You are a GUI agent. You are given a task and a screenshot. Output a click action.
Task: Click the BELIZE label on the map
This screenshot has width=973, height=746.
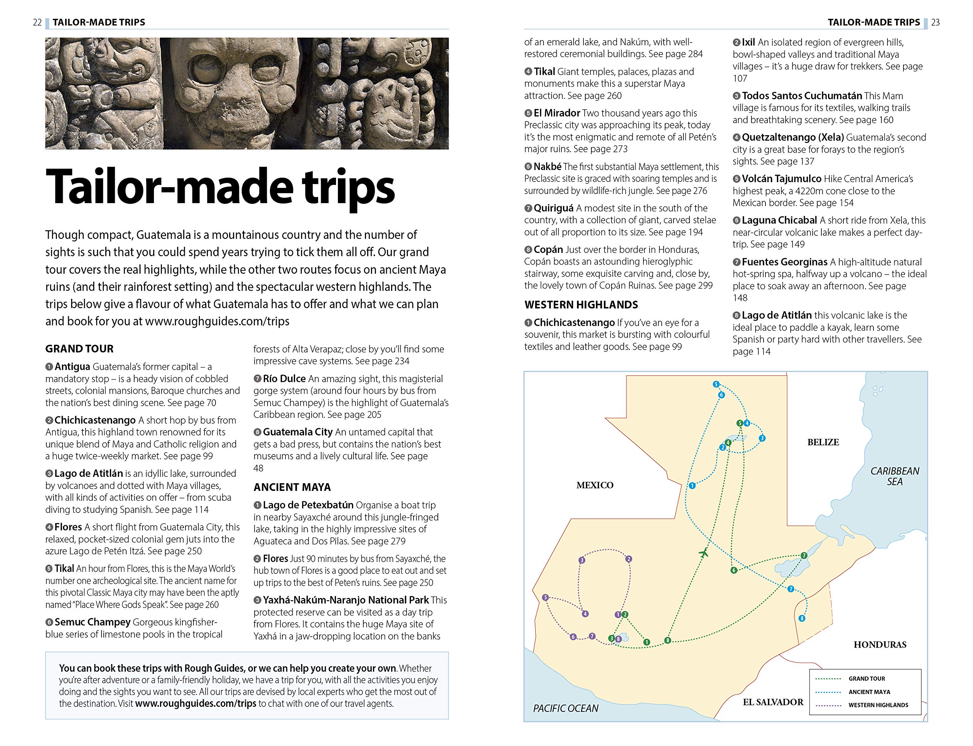[x=823, y=442]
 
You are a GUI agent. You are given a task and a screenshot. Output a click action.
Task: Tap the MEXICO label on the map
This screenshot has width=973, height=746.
[x=595, y=485]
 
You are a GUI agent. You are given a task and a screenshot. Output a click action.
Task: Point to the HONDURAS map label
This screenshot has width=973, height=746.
[x=880, y=645]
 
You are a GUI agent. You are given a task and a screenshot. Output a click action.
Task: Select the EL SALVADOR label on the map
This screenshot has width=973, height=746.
[x=773, y=702]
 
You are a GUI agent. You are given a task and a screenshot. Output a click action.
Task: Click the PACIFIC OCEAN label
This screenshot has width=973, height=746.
[x=566, y=708]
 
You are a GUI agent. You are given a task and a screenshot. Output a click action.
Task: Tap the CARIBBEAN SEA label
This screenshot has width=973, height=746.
[x=894, y=476]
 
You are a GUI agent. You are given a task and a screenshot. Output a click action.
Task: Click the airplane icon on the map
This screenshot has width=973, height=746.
[x=703, y=553]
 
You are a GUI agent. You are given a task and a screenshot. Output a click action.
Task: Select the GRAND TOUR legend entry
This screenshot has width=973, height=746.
[x=866, y=678]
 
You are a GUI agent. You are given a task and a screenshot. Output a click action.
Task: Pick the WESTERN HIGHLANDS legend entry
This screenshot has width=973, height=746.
[x=878, y=705]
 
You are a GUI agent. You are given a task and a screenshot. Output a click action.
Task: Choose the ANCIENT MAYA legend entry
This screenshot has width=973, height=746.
[x=869, y=692]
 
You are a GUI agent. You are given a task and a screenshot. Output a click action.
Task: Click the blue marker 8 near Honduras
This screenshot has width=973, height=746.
[x=802, y=618]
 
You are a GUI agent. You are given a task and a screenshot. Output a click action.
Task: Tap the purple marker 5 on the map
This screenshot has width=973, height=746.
[x=545, y=598]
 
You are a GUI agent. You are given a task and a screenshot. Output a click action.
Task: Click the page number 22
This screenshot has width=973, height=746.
[x=37, y=22]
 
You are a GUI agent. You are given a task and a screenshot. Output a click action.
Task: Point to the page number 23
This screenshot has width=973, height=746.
[x=935, y=22]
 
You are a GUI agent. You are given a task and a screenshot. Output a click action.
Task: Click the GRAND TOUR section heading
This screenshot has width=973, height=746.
[x=79, y=349]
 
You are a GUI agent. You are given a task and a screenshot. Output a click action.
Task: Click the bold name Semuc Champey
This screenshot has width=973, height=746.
[x=92, y=622]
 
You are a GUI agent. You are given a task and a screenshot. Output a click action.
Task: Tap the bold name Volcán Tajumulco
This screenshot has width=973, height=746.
[x=781, y=179]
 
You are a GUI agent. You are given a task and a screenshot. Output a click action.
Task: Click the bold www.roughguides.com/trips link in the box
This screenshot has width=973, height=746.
[x=196, y=704]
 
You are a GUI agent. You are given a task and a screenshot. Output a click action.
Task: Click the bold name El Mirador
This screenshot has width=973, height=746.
[x=556, y=113]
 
